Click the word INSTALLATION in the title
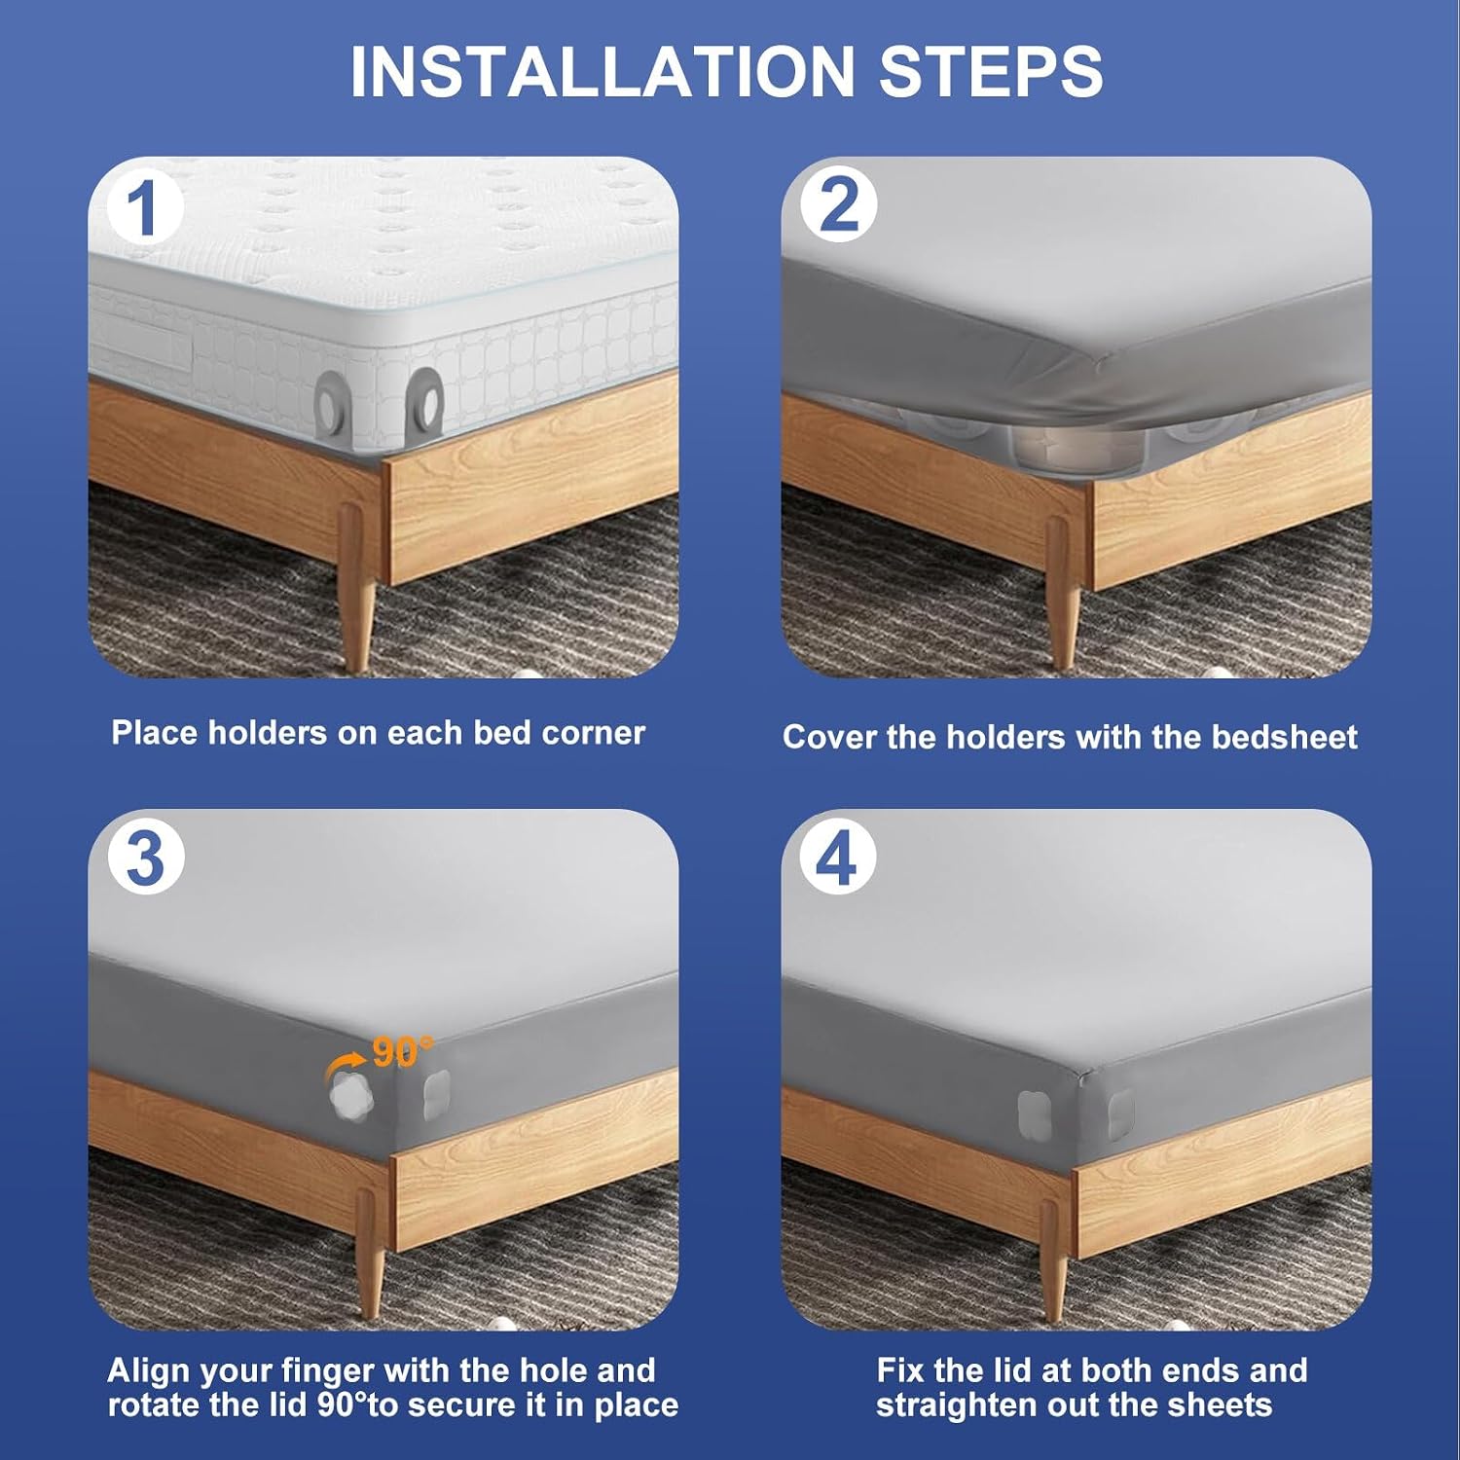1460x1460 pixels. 601,70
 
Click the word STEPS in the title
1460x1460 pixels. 991,70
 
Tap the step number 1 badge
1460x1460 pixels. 144,206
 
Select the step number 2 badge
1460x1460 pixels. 839,205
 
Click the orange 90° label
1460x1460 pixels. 403,1051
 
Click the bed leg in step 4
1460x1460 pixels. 1053,1260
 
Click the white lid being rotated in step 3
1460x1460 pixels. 347,1096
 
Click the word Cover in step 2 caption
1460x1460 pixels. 829,737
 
